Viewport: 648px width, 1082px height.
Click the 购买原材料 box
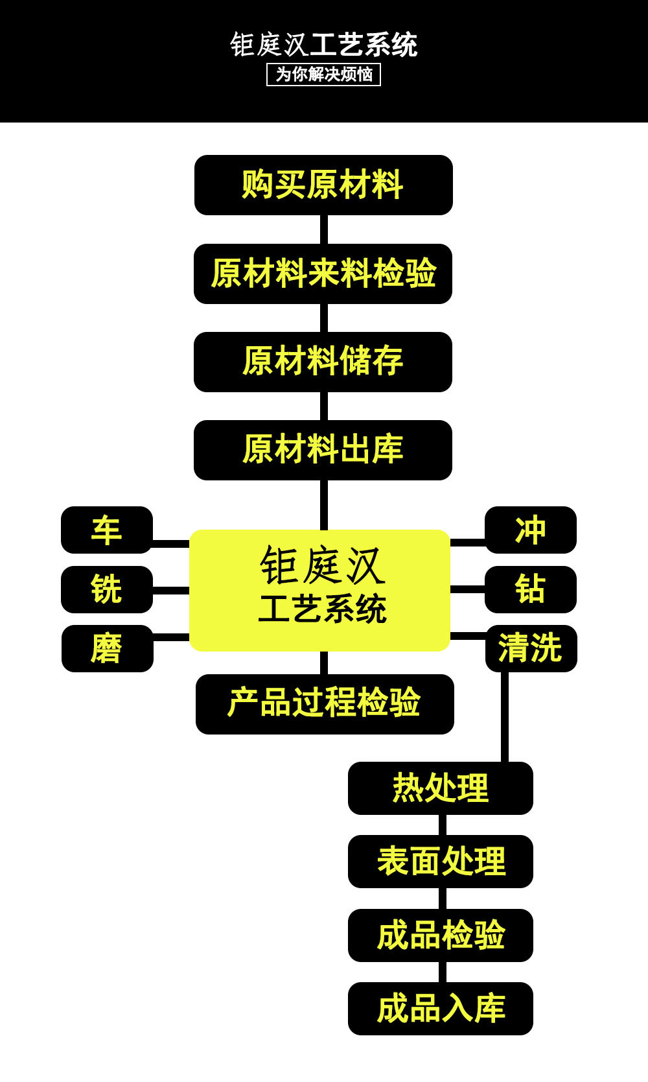(x=323, y=185)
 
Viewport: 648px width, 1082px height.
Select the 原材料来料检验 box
(x=323, y=274)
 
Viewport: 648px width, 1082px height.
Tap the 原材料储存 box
(x=323, y=362)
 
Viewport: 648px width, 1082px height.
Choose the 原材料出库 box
(x=323, y=450)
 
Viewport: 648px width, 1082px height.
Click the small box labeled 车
(x=107, y=530)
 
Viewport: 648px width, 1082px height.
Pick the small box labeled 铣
(x=107, y=589)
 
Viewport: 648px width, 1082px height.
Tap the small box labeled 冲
(x=531, y=530)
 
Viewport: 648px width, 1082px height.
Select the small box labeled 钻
(x=531, y=589)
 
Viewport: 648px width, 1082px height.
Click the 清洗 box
(x=531, y=648)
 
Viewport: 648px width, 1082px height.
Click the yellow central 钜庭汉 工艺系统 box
(x=320, y=590)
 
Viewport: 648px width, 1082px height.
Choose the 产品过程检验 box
(x=325, y=704)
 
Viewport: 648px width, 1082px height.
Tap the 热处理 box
(x=441, y=788)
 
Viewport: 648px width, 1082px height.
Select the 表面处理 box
(x=441, y=862)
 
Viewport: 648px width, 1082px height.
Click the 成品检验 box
(x=441, y=935)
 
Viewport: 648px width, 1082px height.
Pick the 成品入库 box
(x=441, y=1009)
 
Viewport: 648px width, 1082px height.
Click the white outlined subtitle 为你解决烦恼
(x=324, y=75)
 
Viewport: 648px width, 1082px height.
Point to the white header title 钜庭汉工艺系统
(x=324, y=45)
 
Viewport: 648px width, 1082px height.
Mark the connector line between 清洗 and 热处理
(x=504, y=717)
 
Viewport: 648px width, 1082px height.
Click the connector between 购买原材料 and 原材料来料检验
(x=323, y=229)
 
